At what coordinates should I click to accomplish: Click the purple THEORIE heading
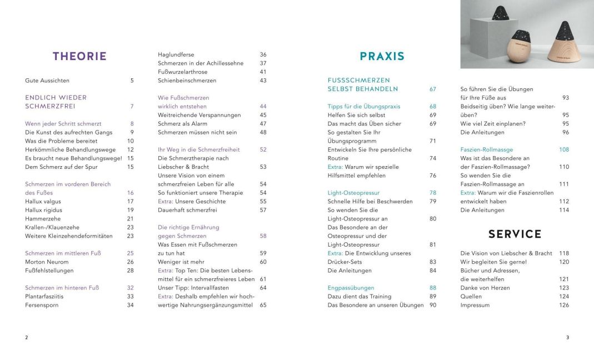(79, 56)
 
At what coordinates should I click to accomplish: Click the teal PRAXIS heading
(382, 56)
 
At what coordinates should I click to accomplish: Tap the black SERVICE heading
(515, 234)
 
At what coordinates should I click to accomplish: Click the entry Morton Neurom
(47, 262)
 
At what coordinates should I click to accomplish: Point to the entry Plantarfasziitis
(44, 296)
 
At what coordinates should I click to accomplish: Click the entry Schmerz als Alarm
(181, 123)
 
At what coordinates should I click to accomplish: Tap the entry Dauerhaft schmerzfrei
(186, 210)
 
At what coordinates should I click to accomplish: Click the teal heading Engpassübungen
(351, 288)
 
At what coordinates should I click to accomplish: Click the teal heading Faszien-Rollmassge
(486, 149)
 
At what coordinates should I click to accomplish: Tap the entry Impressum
(475, 305)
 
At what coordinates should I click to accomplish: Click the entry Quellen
(472, 296)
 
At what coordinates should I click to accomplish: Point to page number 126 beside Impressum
(564, 305)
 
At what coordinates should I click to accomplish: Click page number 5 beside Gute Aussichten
(132, 81)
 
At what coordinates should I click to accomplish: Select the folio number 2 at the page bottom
(27, 337)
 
